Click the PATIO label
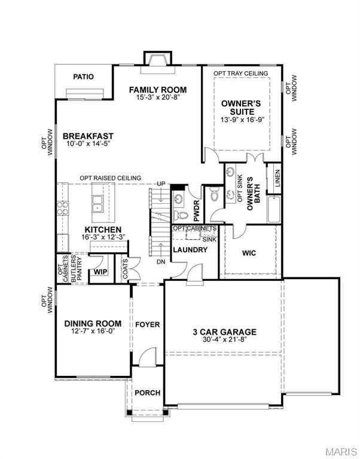84,77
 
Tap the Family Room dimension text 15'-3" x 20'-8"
158,97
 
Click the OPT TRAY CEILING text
241,73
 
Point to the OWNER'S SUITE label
242,108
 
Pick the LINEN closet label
277,178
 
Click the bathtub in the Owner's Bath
274,209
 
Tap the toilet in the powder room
181,215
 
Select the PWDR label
197,210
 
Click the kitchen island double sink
97,203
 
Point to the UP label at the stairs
161,184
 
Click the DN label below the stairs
161,262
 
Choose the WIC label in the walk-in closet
249,253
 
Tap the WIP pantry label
100,272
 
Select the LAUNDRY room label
190,250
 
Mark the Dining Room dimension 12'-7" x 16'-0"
93,331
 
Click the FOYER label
148,325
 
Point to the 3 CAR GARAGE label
225,332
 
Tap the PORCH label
148,393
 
